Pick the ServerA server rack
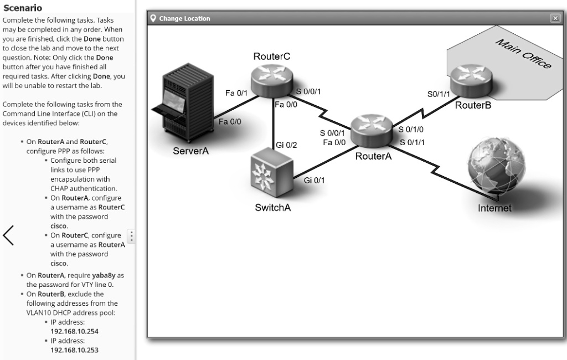[x=182, y=108]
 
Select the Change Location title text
[x=184, y=18]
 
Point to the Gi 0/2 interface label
[x=286, y=145]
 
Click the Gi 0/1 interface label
[x=315, y=180]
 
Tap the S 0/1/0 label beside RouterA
[x=411, y=130]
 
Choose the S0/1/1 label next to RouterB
[x=439, y=95]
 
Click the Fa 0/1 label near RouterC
[x=236, y=94]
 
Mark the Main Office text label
[x=523, y=54]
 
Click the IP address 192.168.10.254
[x=74, y=331]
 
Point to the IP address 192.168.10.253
[x=74, y=350]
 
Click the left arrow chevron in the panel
[x=9, y=235]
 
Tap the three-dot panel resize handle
[x=131, y=236]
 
